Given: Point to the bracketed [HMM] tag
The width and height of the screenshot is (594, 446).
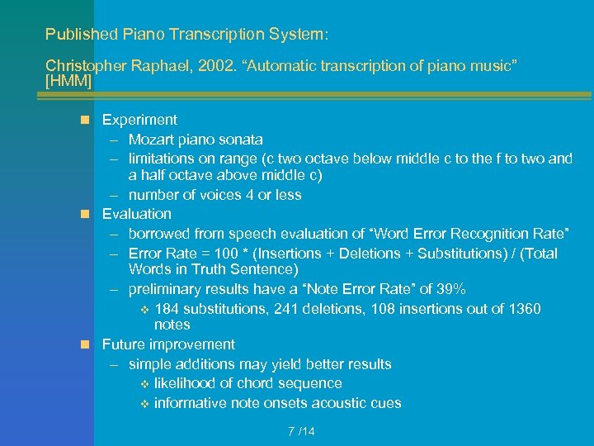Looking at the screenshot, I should tap(68, 83).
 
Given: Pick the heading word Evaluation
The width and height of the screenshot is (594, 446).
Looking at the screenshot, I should tap(137, 214).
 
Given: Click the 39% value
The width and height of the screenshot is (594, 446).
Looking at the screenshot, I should tap(452, 289).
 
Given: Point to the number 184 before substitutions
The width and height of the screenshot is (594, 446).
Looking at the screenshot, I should tap(167, 309).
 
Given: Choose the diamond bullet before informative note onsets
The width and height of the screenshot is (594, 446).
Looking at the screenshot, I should tap(144, 404).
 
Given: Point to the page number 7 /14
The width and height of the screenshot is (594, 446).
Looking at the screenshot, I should tap(301, 431).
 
